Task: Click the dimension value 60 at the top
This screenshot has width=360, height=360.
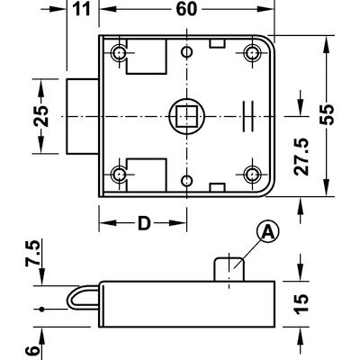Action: coord(186,12)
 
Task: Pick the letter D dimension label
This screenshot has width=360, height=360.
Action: coord(142,221)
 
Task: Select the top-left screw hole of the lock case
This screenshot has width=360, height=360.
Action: coord(120,55)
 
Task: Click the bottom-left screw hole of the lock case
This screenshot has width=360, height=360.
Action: coord(120,175)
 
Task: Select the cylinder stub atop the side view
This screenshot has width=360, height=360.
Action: coord(230,270)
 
